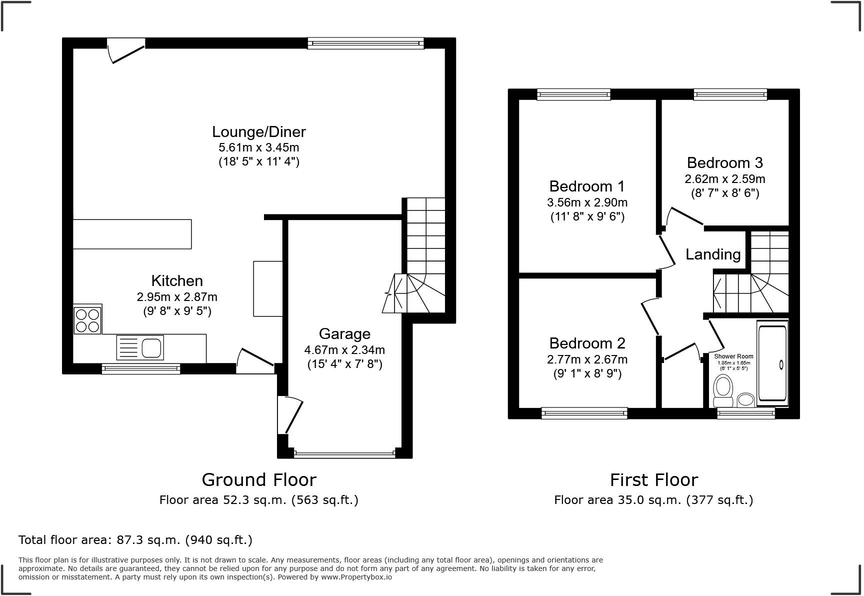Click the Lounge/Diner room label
(x=258, y=132)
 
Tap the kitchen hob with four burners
(x=87, y=320)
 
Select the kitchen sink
(x=140, y=347)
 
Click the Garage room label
(x=344, y=334)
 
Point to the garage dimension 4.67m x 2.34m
(x=344, y=350)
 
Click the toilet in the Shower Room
(x=723, y=391)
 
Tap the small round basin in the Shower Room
(x=746, y=399)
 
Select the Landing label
(x=712, y=254)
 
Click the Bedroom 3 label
(x=724, y=163)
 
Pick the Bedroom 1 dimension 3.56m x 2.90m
(x=587, y=202)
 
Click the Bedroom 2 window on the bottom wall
(x=584, y=413)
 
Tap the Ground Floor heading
(x=258, y=480)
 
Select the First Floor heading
(x=653, y=480)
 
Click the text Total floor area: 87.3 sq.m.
(x=135, y=540)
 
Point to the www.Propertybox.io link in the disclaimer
(x=356, y=577)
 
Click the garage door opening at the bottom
(x=344, y=454)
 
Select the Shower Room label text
(x=733, y=356)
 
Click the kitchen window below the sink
(x=140, y=369)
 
